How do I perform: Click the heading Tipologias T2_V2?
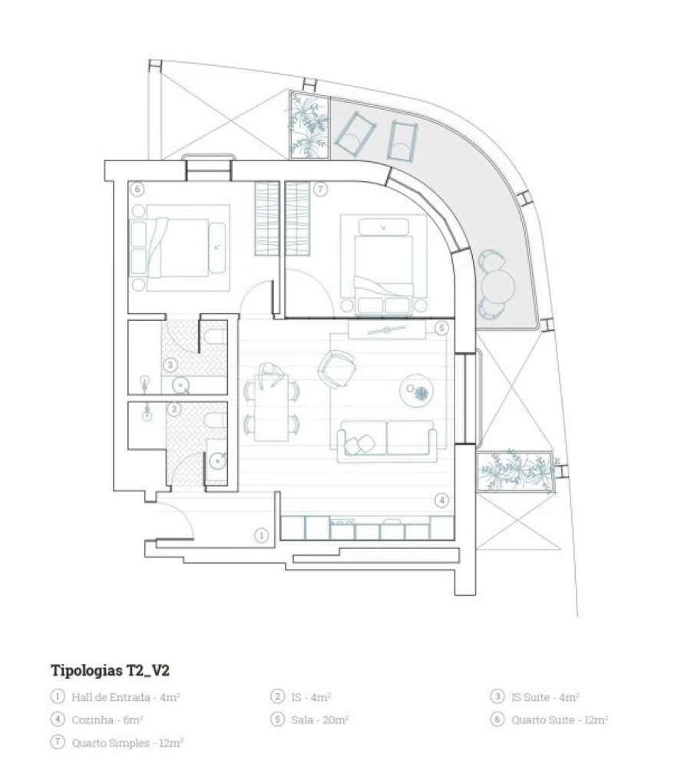click(x=110, y=669)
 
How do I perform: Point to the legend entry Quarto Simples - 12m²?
click(x=127, y=743)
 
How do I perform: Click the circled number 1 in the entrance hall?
click(x=261, y=535)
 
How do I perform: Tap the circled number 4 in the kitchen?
click(x=441, y=501)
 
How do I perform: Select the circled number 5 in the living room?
click(x=441, y=328)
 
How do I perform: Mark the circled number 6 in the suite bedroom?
click(x=137, y=189)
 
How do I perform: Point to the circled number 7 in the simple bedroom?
click(x=320, y=189)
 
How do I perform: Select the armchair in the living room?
click(x=337, y=369)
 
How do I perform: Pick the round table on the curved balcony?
click(x=498, y=287)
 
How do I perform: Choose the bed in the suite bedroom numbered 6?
click(x=178, y=248)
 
